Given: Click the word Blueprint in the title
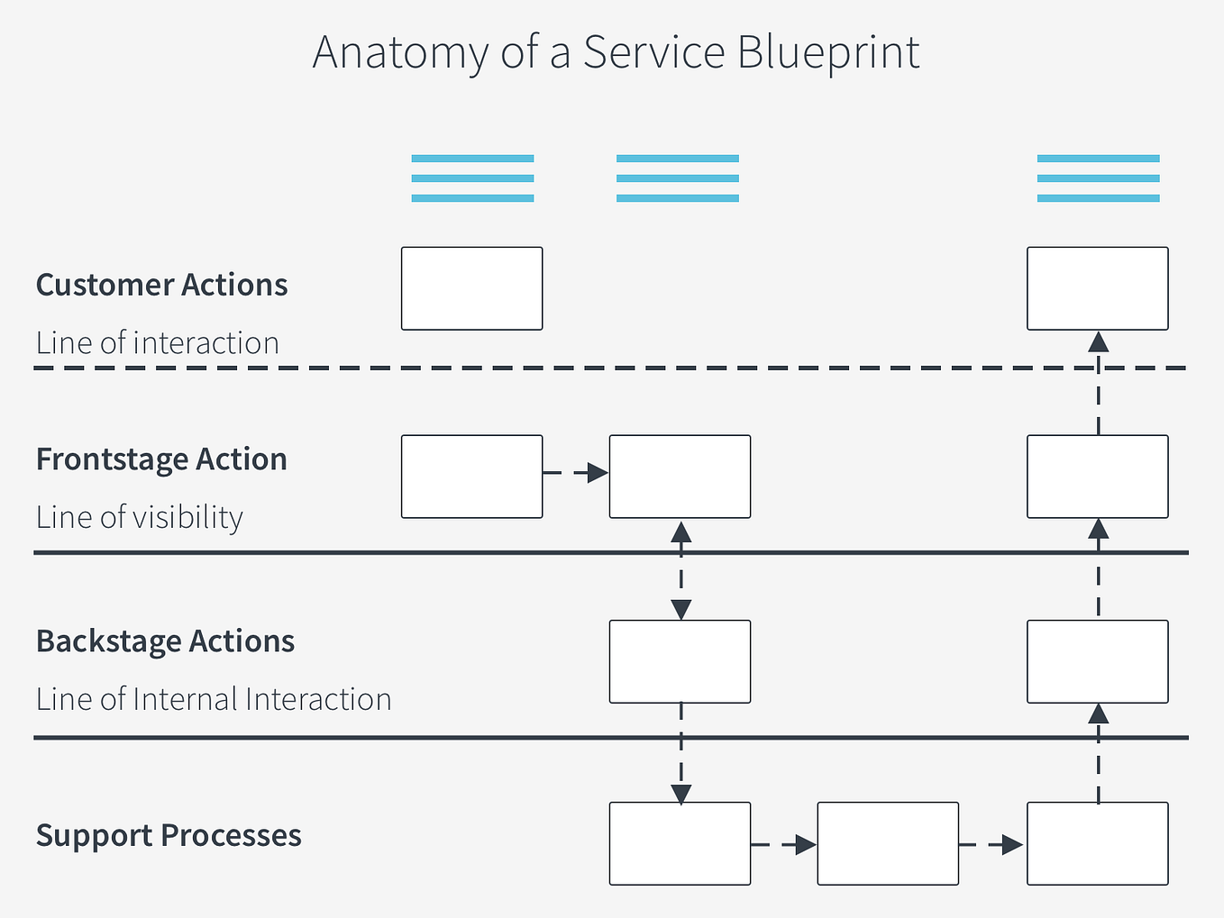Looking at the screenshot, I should (828, 53).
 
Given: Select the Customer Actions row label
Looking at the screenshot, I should (161, 285).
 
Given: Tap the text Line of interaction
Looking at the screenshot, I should (157, 343).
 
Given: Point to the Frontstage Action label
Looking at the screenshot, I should (161, 459).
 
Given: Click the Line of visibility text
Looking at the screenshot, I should (140, 518).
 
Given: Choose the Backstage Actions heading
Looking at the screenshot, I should (165, 641).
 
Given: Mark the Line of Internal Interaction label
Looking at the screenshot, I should (214, 700).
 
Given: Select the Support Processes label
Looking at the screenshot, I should (169, 835).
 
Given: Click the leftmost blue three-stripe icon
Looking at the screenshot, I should (472, 178).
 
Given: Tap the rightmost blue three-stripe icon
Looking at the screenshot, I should (1098, 178).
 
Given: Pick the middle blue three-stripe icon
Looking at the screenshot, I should (678, 178).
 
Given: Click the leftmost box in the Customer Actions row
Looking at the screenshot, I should (471, 288).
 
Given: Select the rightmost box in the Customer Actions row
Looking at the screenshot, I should (1098, 288).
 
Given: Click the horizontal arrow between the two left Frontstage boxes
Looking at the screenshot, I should (576, 473).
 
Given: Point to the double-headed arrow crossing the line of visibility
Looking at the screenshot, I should (681, 570).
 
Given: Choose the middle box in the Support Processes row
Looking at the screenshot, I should (888, 843).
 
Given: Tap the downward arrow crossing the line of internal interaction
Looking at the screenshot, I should (681, 753).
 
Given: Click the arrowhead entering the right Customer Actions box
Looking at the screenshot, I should (1098, 341).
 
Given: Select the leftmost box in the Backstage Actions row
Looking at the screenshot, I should (680, 661).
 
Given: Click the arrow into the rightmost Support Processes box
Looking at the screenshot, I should (992, 845).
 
